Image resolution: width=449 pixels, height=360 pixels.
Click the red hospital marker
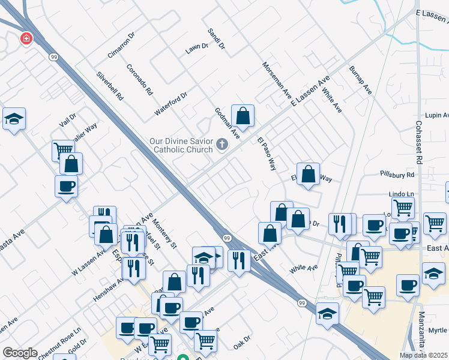[26, 39]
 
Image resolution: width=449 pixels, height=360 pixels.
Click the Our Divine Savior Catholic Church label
[181, 146]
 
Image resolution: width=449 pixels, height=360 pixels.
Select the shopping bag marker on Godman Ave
[243, 115]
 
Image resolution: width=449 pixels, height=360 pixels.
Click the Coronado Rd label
[140, 80]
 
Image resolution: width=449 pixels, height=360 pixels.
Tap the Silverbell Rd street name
[110, 86]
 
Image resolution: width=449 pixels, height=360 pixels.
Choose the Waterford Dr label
[171, 103]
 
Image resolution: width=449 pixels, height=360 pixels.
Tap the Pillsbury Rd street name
[397, 175]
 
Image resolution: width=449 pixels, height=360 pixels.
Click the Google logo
[20, 353]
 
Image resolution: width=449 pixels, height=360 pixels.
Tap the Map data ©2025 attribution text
[423, 355]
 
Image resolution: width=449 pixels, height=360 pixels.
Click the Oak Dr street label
[241, 344]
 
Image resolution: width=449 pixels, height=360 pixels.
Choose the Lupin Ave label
[437, 115]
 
